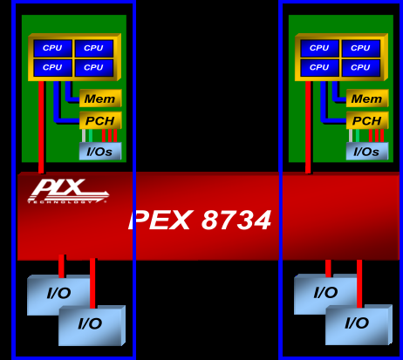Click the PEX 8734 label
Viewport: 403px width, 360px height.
coord(200,221)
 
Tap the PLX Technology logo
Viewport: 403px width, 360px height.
coord(67,191)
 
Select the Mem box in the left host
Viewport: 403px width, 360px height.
coord(99,99)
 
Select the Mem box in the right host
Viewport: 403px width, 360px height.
coord(366,99)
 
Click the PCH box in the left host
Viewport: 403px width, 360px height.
coord(99,120)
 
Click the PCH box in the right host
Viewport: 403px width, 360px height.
coord(366,120)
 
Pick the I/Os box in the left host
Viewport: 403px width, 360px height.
coord(99,152)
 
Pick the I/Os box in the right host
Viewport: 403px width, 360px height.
coord(366,152)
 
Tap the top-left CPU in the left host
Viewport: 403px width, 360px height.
coord(52,48)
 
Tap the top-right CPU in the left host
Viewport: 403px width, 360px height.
coord(93,48)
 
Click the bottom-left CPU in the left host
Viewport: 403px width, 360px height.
coord(52,67)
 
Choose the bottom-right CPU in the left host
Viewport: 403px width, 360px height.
coord(93,67)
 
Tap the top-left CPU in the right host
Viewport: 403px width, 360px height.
coord(319,48)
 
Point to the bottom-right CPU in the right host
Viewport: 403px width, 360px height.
coord(360,67)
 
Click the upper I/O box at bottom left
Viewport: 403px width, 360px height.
coord(57,293)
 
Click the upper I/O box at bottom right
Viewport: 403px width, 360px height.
coord(324,293)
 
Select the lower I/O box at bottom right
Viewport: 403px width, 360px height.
coord(356,324)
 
